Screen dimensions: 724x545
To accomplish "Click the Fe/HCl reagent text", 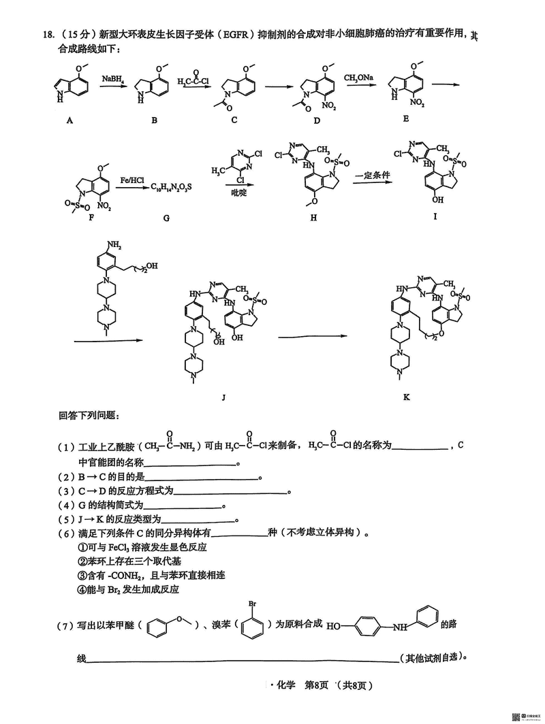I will click(x=131, y=180).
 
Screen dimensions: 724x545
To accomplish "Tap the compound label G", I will click(x=166, y=218).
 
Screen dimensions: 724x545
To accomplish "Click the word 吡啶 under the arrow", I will click(x=237, y=193).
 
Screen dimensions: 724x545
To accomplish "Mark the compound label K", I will click(x=407, y=397).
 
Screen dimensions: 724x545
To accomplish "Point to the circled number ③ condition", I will click(x=84, y=576).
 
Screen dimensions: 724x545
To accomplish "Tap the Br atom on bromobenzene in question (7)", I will click(x=251, y=603).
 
